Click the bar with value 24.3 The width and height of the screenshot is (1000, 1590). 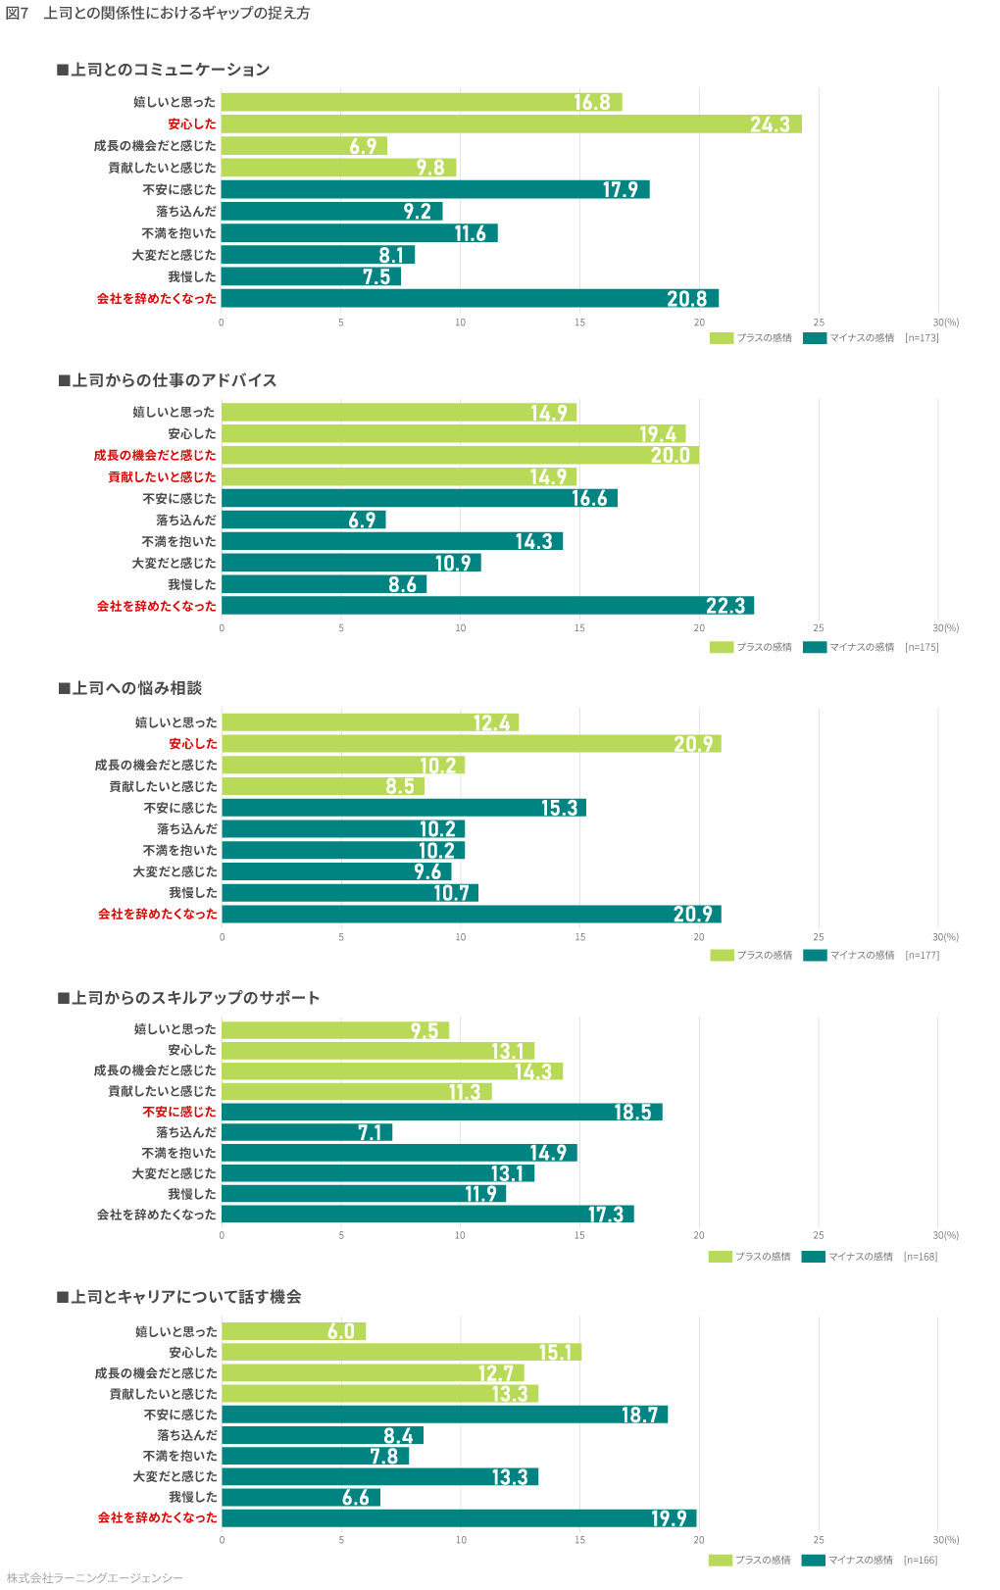coord(511,124)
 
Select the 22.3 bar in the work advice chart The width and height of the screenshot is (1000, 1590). coord(487,606)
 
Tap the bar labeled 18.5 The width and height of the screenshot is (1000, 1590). coord(441,1112)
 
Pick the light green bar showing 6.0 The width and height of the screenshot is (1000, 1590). coord(293,1331)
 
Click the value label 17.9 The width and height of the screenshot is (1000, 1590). coord(620,190)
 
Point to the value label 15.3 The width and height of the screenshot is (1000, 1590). coord(559,809)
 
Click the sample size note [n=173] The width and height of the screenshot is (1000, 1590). coord(922,338)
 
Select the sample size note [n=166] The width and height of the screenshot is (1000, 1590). coord(920,1560)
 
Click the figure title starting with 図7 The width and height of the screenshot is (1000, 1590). coord(158,14)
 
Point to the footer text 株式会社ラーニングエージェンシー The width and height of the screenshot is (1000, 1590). coord(95,1577)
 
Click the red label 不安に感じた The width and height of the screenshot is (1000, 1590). coord(179,1112)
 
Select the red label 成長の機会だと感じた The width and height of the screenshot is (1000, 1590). coord(155,455)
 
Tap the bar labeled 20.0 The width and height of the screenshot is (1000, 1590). coord(460,455)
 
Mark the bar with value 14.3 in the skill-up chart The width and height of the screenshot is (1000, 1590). coord(392,1070)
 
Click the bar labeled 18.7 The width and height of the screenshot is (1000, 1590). coord(444,1415)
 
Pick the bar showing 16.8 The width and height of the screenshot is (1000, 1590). coord(422,102)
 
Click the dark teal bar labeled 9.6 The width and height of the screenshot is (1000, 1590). coord(336,871)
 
